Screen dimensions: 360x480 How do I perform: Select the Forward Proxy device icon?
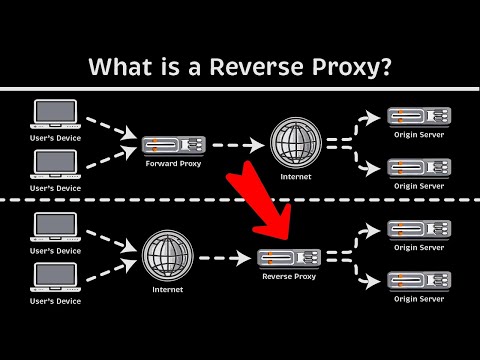tap(172, 145)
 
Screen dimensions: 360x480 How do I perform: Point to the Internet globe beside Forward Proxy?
tap(297, 143)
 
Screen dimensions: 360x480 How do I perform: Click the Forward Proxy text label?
tap(173, 164)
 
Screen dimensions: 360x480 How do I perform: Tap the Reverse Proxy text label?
tap(289, 276)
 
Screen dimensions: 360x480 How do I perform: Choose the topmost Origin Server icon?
tap(417, 116)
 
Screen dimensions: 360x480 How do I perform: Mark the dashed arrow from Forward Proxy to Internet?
tap(236, 145)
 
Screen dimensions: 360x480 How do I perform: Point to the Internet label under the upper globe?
tap(297, 177)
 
